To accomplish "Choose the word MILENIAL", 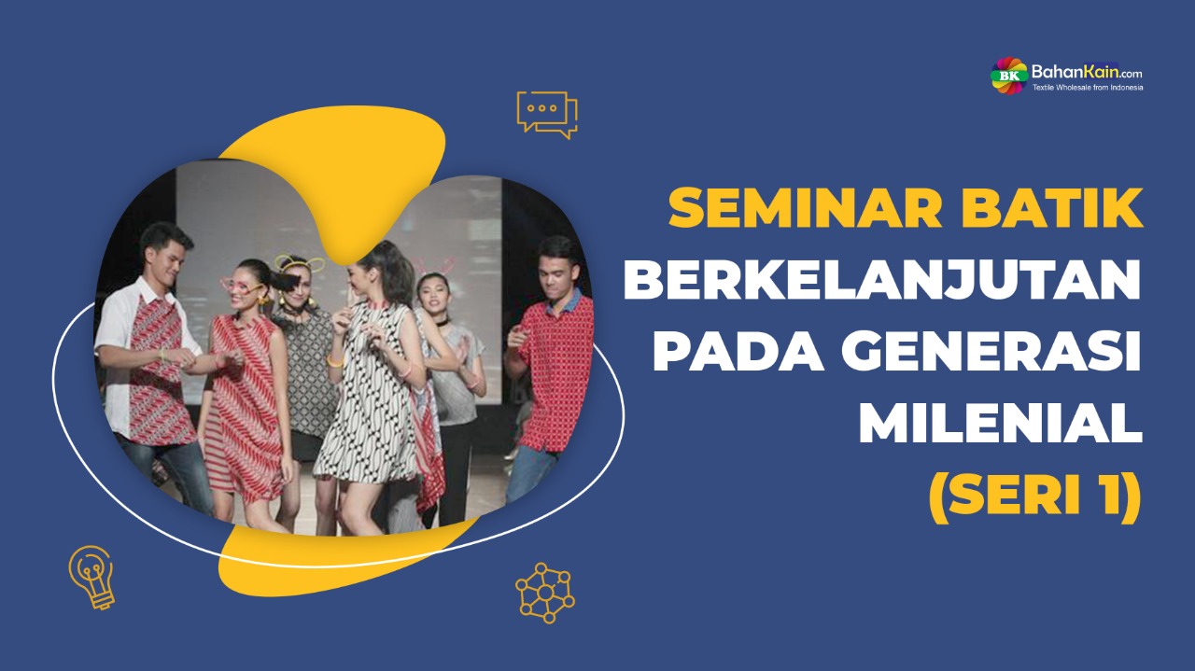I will (x=1000, y=426).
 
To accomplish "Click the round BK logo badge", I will (x=1008, y=75).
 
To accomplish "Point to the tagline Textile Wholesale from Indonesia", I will (x=1087, y=88).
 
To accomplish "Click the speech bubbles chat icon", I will (x=547, y=114).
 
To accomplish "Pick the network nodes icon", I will (x=545, y=592).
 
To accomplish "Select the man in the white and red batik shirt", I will (x=148, y=364).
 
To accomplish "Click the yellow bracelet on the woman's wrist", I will (x=334, y=360).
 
